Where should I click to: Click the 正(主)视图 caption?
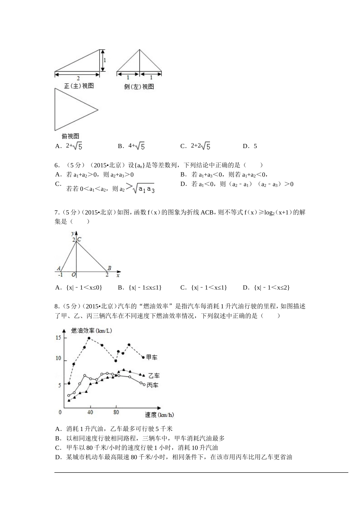79,86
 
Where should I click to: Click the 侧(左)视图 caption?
139,87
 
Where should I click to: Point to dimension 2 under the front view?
78,78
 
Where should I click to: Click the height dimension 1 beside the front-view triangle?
105,60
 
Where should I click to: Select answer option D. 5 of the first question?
250,146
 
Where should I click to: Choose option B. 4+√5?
131,146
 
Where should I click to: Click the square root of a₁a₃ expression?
142,188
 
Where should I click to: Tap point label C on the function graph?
79,239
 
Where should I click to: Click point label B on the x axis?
109,268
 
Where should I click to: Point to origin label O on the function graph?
74,275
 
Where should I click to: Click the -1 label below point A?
60,275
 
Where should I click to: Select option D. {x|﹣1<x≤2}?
266,287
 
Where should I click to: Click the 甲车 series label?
152,357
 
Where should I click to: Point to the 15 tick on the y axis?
58,338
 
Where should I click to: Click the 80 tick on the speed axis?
116,412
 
